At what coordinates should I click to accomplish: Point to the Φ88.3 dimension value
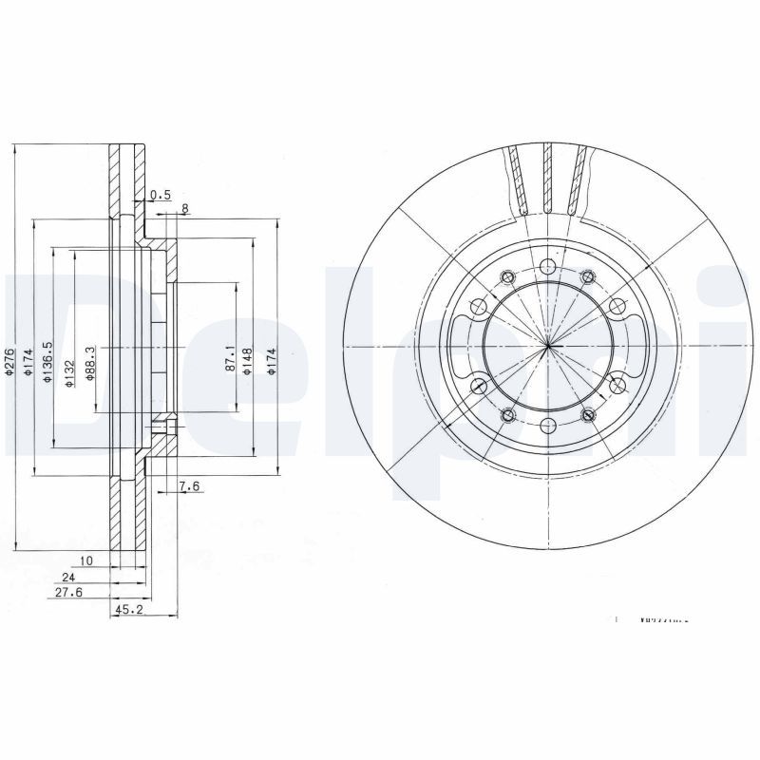click(x=89, y=363)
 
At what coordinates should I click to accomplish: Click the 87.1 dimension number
click(x=231, y=357)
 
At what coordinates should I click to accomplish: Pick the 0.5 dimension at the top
click(x=161, y=195)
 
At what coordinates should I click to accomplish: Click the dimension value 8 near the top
click(x=184, y=209)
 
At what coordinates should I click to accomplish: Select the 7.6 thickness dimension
click(x=189, y=488)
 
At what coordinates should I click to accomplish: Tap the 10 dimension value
click(x=85, y=561)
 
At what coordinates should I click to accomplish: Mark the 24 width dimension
click(x=67, y=576)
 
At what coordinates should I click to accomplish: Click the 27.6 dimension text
click(x=69, y=592)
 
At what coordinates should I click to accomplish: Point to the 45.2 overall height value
click(x=129, y=611)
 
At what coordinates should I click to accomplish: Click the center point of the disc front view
click(x=548, y=345)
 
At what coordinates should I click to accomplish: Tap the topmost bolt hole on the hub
click(x=548, y=266)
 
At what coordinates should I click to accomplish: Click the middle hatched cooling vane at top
click(x=548, y=180)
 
